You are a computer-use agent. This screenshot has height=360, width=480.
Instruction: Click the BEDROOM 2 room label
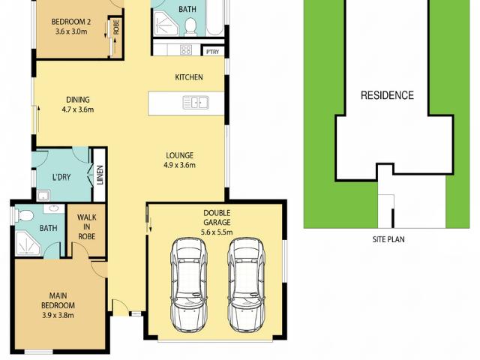coord(72,21)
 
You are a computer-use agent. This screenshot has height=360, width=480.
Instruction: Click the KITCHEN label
coord(189,77)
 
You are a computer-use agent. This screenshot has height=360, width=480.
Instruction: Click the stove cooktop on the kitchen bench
coord(185,50)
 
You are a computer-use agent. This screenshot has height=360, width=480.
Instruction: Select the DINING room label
coord(78,100)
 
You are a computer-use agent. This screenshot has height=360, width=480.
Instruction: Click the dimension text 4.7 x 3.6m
coord(78,109)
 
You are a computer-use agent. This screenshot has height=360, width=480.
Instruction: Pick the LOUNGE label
coord(181,156)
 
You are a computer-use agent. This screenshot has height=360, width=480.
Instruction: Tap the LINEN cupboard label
coord(99,177)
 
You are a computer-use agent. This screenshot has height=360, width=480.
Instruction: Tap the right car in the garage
coord(247,285)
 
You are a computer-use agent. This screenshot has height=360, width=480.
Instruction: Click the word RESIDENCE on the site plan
coord(387,95)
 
